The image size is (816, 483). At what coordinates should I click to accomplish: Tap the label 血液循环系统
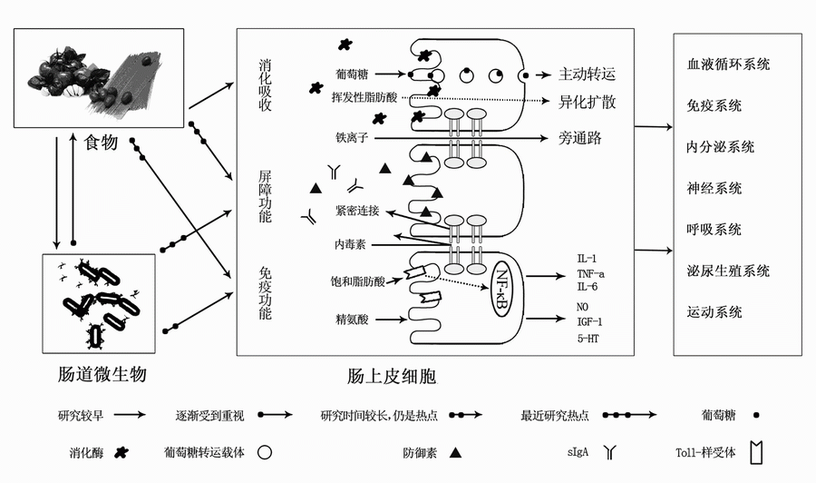(x=728, y=64)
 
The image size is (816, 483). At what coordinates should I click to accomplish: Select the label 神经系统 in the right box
(x=714, y=188)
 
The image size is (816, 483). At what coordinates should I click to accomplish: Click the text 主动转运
(x=587, y=74)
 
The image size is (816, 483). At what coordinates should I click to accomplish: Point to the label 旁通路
(x=579, y=138)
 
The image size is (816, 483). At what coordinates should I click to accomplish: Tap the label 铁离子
(x=350, y=138)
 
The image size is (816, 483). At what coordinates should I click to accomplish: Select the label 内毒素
(x=350, y=244)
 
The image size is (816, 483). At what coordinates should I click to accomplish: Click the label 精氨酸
(x=350, y=319)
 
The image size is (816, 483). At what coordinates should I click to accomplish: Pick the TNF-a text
(x=590, y=272)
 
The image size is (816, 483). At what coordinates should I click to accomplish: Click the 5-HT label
(x=588, y=339)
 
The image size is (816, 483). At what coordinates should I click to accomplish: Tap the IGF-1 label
(x=589, y=321)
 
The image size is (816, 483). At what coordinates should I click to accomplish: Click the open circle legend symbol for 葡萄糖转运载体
(x=265, y=450)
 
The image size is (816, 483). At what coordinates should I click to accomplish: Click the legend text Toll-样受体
(x=706, y=450)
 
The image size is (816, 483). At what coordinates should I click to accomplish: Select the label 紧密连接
(x=356, y=211)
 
